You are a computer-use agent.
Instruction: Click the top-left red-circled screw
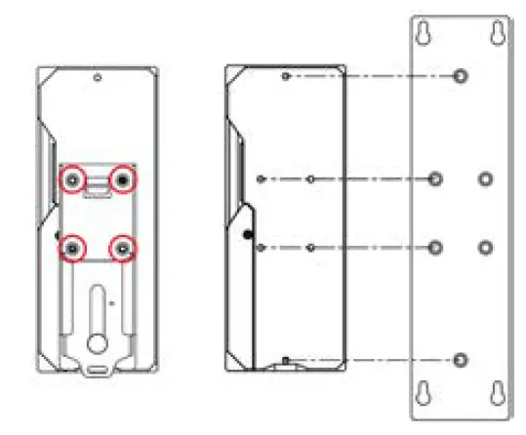tap(73, 179)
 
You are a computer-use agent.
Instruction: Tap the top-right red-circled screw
tap(123, 179)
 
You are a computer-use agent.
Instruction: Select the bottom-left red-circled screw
tap(73, 249)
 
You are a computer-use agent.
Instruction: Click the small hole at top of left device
tap(98, 78)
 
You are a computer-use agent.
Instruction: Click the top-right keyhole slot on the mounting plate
tap(496, 34)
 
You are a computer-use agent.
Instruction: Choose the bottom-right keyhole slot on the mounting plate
tap(496, 392)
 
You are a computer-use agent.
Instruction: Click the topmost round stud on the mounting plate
tap(461, 76)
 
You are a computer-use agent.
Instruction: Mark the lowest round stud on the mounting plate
tap(461, 360)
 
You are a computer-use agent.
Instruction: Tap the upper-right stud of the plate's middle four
tap(485, 178)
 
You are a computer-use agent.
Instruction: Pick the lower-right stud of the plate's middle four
tap(485, 247)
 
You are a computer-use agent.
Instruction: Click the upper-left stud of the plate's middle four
tap(436, 178)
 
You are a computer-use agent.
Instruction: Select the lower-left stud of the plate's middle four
tap(436, 247)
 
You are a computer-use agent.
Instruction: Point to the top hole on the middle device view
tap(284, 76)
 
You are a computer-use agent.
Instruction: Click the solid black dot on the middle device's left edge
tap(247, 234)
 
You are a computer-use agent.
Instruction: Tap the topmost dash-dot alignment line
tap(371, 76)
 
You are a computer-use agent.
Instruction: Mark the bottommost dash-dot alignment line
tap(371, 360)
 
